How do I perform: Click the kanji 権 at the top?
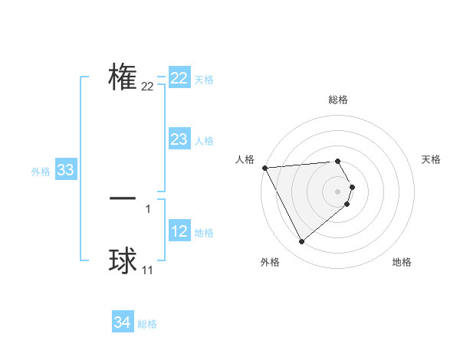(123, 77)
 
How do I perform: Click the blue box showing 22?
(179, 79)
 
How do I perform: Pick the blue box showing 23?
(179, 139)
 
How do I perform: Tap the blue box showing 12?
(179, 231)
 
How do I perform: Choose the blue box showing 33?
(65, 171)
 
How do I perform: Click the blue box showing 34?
(123, 322)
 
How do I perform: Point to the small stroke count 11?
(148, 270)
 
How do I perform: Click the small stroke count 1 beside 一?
(148, 208)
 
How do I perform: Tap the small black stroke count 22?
(148, 87)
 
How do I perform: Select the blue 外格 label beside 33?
(41, 172)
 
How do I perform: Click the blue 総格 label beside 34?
(147, 324)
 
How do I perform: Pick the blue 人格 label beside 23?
(204, 141)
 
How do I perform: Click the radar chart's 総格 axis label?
(338, 100)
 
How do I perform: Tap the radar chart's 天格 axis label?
(432, 159)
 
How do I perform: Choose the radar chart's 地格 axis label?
(402, 263)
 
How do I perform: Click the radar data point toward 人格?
(264, 168)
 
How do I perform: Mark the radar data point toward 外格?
(301, 242)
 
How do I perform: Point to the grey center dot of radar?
(338, 191)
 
